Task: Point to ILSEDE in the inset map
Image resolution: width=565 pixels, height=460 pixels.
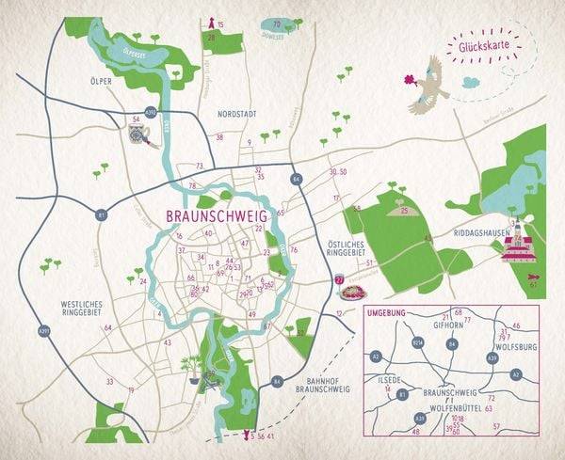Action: [389, 381]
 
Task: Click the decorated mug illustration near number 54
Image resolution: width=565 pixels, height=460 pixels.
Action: [138, 137]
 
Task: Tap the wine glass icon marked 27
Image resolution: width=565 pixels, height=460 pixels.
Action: [339, 281]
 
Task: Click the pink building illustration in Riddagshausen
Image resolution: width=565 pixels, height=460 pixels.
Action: [517, 247]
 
